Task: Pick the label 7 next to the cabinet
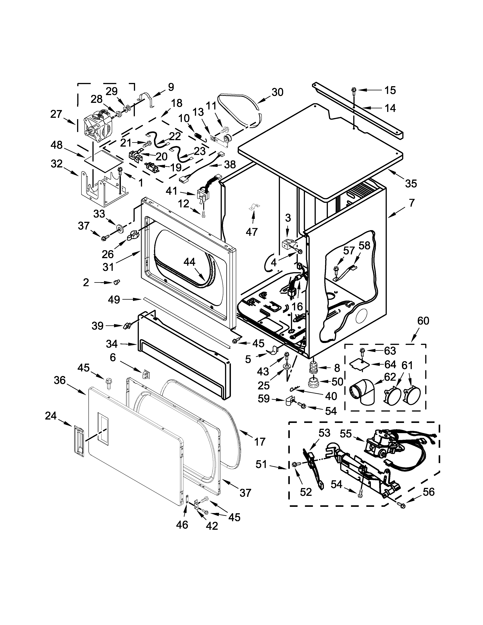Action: (411, 203)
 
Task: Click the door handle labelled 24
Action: (78, 441)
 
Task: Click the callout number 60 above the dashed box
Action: (423, 321)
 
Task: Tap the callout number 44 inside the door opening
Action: (189, 262)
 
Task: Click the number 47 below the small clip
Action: (252, 232)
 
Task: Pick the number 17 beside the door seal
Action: (260, 442)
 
